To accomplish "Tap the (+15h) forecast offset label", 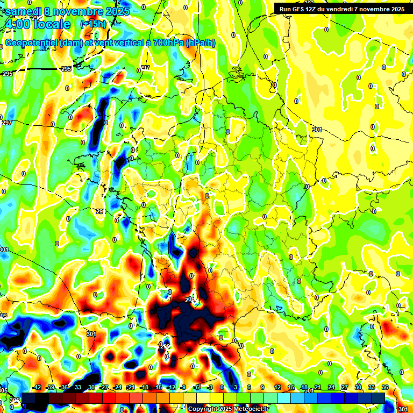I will pyautogui.click(x=93, y=24).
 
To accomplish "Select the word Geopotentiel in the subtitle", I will pyautogui.click(x=32, y=43).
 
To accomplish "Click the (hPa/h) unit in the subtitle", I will pyautogui.click(x=201, y=43).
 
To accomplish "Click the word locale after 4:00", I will pyautogui.click(x=51, y=24).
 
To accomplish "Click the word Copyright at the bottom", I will pyautogui.click(x=202, y=409).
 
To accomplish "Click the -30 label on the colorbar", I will pyautogui.click(x=90, y=387).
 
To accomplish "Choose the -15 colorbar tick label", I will pyautogui.click(x=157, y=387).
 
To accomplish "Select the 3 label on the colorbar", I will pyautogui.click(x=236, y=387).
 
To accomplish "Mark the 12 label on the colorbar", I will pyautogui.click(x=277, y=387).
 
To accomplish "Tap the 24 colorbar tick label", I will pyautogui.click(x=331, y=387).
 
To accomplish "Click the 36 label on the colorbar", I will pyautogui.click(x=385, y=387).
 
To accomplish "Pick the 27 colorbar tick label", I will pyautogui.click(x=344, y=387).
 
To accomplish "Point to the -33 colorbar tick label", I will pyautogui.click(x=77, y=387).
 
